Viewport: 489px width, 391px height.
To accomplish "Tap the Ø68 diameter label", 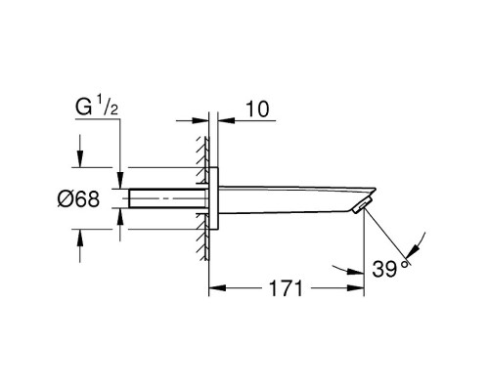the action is click(78, 198).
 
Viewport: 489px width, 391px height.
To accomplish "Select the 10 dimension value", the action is click(257, 109).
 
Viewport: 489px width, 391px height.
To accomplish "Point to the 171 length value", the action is click(286, 288).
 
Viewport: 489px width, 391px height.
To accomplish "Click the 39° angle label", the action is click(389, 269).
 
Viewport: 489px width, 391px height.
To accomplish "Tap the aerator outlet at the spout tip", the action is click(361, 205).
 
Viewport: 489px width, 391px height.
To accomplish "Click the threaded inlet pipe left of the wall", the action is click(168, 198).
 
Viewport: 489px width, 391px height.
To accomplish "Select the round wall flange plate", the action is click(213, 198).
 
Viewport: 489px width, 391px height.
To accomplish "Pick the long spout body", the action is click(296, 199).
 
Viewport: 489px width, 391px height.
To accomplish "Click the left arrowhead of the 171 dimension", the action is click(217, 288).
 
